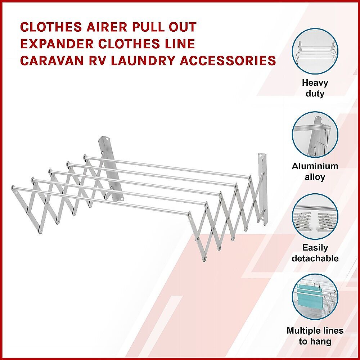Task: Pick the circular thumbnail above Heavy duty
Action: pyautogui.click(x=315, y=51)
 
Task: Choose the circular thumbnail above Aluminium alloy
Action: pyautogui.click(x=315, y=135)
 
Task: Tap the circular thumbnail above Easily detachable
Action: pyautogui.click(x=315, y=217)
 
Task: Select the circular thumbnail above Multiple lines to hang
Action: pyautogui.click(x=315, y=297)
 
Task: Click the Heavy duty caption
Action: pyautogui.click(x=315, y=88)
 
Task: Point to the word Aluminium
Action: pyautogui.click(x=315, y=166)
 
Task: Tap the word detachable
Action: pyautogui.click(x=315, y=258)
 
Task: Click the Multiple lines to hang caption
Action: pyautogui.click(x=315, y=336)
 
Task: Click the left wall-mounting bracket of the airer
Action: pyautogui.click(x=109, y=168)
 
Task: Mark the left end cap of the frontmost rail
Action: pyautogui.click(x=13, y=188)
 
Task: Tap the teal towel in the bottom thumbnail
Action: pyautogui.click(x=310, y=296)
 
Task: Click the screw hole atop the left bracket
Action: pyautogui.click(x=108, y=139)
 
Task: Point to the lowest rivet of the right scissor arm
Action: pyautogui.click(x=204, y=260)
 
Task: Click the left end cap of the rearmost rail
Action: pyautogui.click(x=85, y=157)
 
